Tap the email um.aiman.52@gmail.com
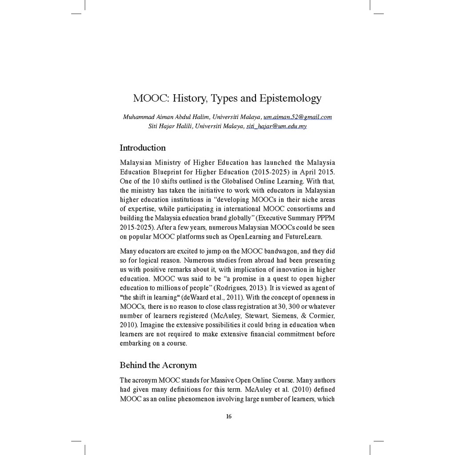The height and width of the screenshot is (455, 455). tap(298, 117)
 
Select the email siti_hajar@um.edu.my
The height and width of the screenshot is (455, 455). tap(276, 126)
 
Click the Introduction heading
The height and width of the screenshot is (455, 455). tap(143, 148)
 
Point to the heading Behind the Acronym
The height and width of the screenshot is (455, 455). tap(158, 365)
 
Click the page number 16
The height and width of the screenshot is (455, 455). tap(228, 416)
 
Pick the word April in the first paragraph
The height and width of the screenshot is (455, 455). tap(303, 172)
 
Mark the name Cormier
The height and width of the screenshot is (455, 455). tap(319, 316)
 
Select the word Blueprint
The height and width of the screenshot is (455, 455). tap(172, 172)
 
